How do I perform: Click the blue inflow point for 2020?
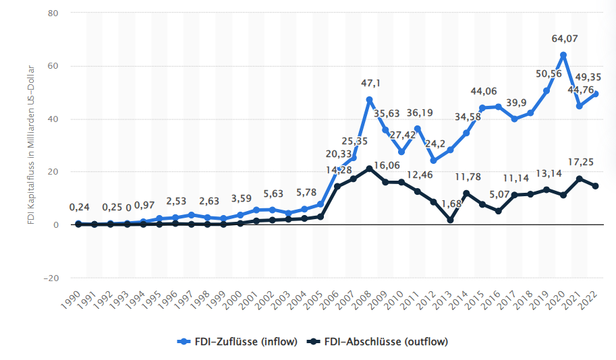tap(563, 55)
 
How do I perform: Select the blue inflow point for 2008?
tap(369, 100)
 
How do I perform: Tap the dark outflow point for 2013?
tap(450, 220)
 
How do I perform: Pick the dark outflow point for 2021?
tap(580, 179)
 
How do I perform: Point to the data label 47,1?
tap(370, 83)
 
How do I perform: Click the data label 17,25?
tap(580, 162)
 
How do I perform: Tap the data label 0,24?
tap(78, 208)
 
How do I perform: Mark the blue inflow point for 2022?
tap(596, 94)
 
